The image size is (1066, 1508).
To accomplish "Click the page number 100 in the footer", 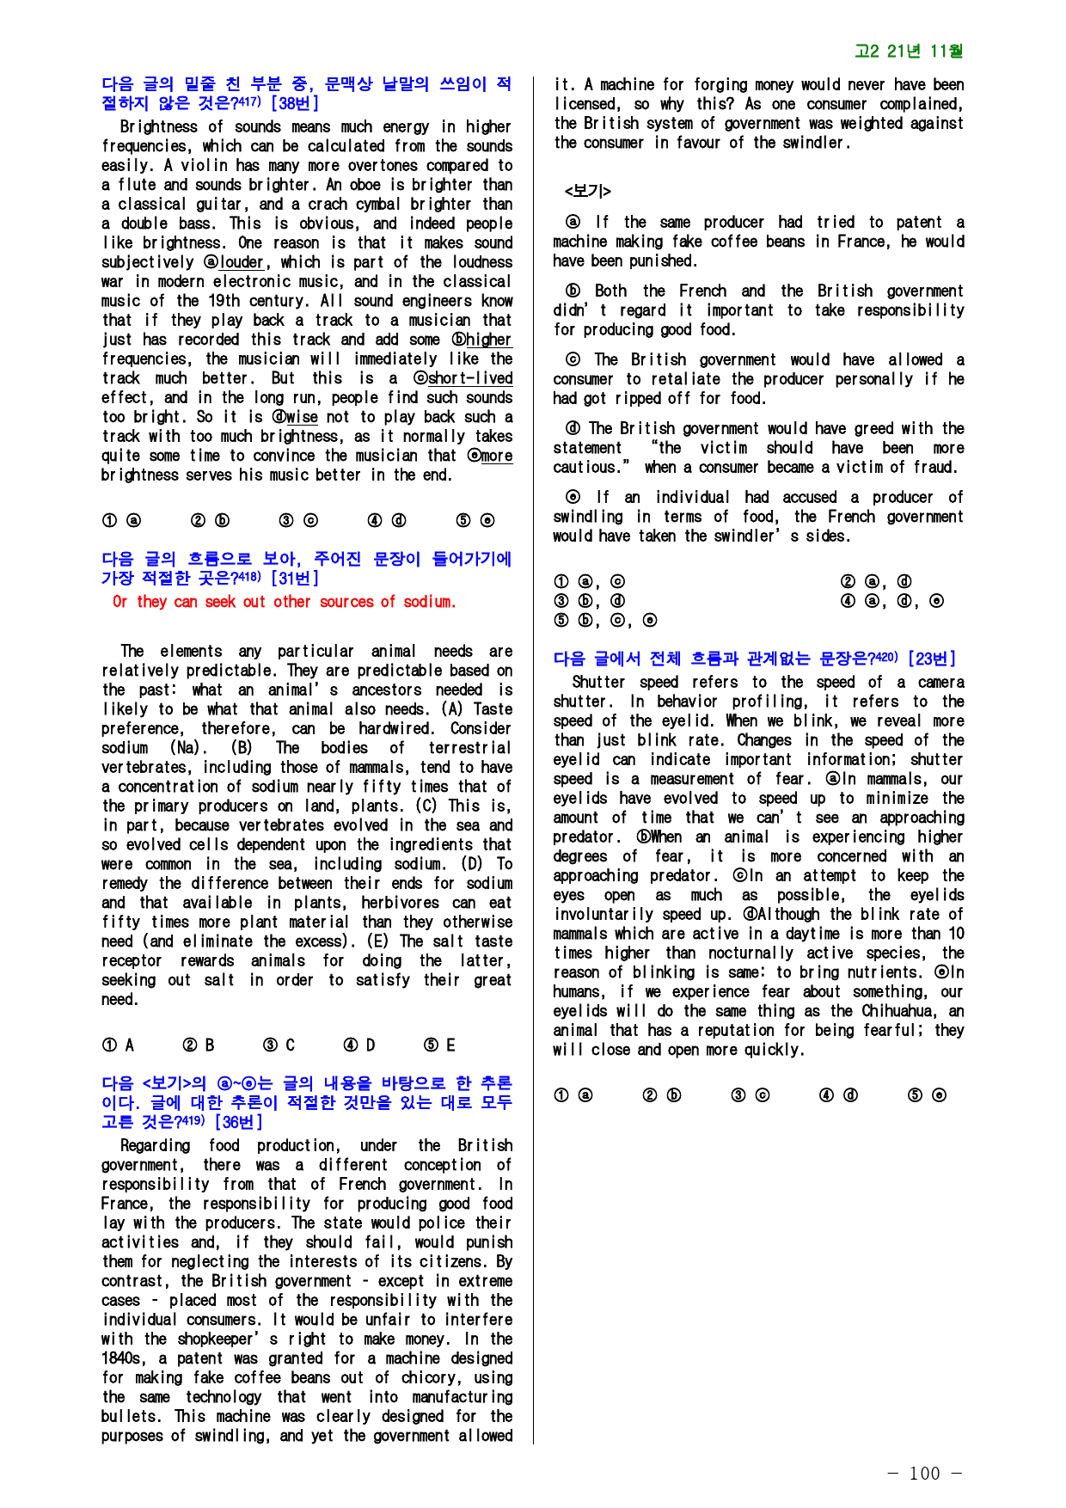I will (924, 1474).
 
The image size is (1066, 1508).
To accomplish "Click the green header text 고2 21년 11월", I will (909, 52).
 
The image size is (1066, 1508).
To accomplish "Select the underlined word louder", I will (242, 262).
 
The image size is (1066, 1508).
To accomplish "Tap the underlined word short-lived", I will (470, 378).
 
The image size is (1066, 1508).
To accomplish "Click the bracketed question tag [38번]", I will (295, 104).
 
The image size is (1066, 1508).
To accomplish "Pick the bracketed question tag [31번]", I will (295, 579).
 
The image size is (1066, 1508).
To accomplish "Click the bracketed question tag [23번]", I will (932, 659).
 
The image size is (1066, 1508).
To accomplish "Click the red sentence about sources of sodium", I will (284, 602).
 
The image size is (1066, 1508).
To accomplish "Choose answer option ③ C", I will (283, 1045).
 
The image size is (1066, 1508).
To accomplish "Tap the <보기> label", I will (587, 191).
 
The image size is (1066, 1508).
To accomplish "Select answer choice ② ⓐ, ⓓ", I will (876, 582).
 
